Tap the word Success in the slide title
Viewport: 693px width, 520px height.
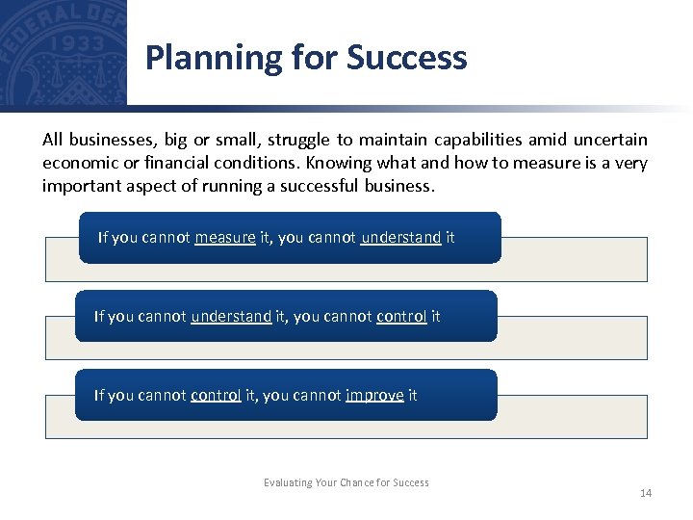(407, 58)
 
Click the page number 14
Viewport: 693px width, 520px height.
(646, 493)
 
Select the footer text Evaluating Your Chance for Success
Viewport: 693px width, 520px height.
(346, 482)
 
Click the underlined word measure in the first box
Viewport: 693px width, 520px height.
(224, 237)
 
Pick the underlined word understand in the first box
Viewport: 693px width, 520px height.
(400, 237)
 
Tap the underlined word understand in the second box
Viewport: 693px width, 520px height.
(231, 316)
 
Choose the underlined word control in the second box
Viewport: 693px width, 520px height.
(401, 316)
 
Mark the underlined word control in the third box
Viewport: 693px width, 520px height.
(216, 395)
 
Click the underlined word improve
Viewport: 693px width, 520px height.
(374, 395)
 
